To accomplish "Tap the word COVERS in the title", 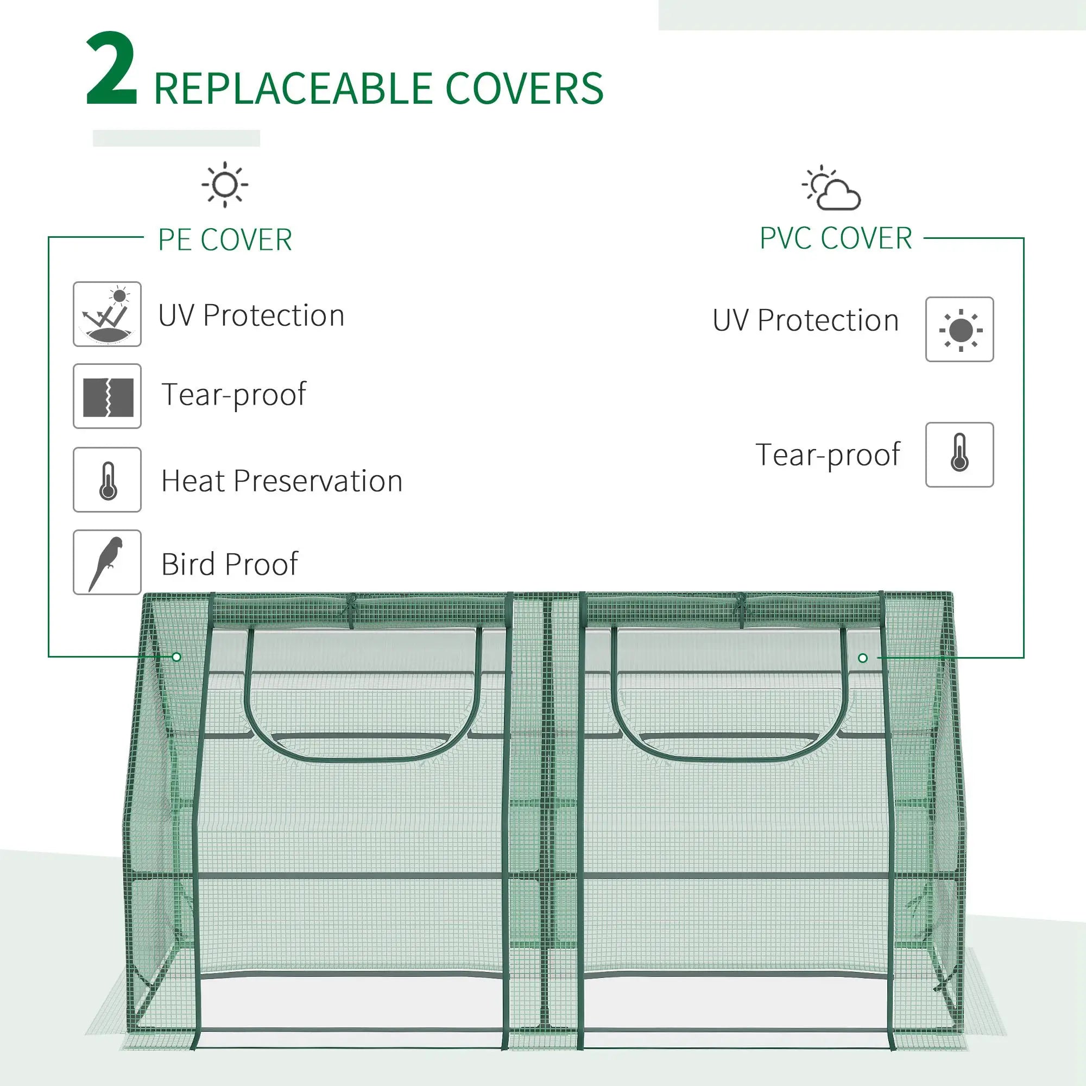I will [x=524, y=89].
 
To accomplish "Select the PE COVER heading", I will [x=225, y=240].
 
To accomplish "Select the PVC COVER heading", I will [x=835, y=238].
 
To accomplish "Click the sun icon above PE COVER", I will [x=225, y=185].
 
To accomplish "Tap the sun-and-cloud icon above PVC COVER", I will [x=832, y=188].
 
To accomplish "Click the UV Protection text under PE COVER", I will [x=251, y=315].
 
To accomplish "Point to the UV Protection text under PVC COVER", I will [x=805, y=320].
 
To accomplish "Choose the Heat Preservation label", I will [x=282, y=481].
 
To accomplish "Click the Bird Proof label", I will [x=229, y=564].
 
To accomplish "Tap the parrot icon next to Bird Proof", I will [x=107, y=562].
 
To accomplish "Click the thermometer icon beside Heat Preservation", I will [x=107, y=480].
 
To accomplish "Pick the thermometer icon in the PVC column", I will [x=959, y=454].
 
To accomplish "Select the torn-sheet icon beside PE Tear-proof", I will [x=107, y=396].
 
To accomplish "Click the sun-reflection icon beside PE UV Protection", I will [x=107, y=314].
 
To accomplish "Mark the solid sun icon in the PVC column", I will [x=959, y=330].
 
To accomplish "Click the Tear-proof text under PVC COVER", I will [x=828, y=454].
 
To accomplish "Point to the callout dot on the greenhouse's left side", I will [x=176, y=656].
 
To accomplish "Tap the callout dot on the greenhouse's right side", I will [x=863, y=658].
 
